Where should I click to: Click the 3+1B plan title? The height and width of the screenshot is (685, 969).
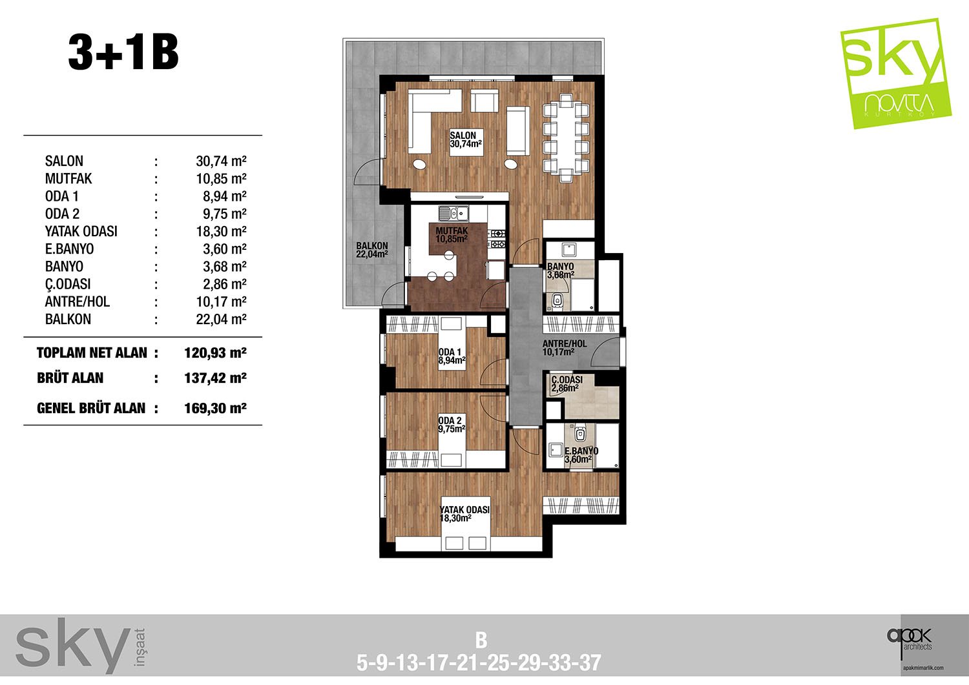(123, 53)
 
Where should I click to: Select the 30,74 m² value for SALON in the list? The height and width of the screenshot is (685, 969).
(221, 161)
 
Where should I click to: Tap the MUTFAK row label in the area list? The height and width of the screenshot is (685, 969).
(68, 179)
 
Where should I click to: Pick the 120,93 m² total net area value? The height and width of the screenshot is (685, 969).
(215, 353)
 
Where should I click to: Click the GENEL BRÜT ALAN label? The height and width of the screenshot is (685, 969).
(91, 408)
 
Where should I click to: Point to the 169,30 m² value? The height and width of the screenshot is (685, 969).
(215, 408)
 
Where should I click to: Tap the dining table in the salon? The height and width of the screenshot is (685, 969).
(566, 138)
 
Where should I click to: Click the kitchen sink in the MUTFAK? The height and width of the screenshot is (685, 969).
(453, 213)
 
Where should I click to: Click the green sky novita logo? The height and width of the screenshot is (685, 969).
(895, 74)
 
